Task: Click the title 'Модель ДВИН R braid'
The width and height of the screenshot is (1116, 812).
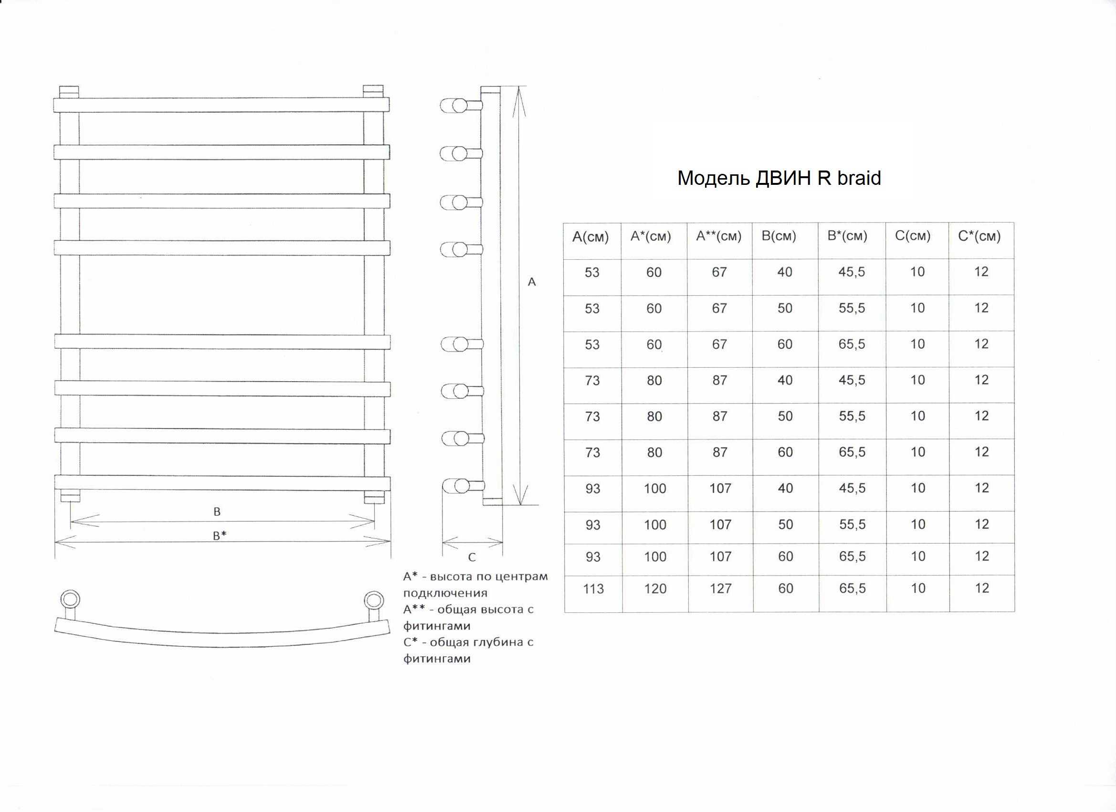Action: click(779, 178)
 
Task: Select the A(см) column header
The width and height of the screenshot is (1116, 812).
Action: click(590, 237)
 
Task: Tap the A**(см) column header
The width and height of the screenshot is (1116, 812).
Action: click(718, 236)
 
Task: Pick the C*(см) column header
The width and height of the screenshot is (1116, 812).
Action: click(979, 236)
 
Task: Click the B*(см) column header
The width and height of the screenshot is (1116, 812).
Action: click(847, 236)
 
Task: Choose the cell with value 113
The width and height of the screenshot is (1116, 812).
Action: click(593, 589)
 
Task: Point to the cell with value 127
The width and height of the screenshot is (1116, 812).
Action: click(720, 588)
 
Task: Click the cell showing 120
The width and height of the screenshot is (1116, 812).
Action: click(655, 589)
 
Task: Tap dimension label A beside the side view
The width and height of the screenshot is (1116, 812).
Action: click(531, 282)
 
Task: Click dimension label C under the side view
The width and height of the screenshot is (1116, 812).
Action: click(472, 557)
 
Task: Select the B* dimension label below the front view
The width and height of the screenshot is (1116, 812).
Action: click(220, 535)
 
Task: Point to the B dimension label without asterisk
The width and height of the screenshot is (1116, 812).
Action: click(217, 512)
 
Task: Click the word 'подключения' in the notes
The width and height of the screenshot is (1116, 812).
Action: click(445, 593)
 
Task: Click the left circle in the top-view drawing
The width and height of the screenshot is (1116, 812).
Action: click(70, 600)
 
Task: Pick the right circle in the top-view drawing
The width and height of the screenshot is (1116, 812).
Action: click(373, 601)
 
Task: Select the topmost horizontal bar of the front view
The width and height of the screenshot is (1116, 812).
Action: click(221, 105)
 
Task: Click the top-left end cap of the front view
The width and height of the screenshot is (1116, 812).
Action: click(69, 92)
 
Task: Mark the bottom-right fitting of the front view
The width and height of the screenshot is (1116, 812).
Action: click(374, 497)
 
